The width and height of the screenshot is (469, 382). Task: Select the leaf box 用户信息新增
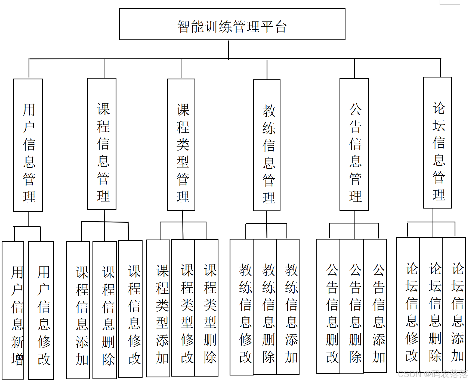click(13, 310)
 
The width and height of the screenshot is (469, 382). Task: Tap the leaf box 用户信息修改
click(41, 310)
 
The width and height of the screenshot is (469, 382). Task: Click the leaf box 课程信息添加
click(78, 310)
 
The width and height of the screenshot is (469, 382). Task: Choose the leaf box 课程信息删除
click(105, 310)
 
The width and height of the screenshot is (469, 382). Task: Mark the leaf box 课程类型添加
click(158, 308)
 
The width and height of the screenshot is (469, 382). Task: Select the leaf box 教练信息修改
click(242, 307)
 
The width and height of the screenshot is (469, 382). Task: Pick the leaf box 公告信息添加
click(375, 306)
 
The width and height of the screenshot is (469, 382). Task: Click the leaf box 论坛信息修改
click(408, 305)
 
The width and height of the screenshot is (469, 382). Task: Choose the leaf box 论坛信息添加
click(454, 305)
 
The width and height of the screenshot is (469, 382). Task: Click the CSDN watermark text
click(433, 374)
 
